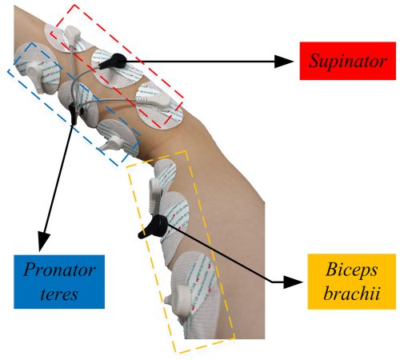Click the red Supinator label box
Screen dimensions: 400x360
click(348, 61)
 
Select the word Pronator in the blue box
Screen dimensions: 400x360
click(59, 270)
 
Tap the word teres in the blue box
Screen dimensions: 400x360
click(59, 294)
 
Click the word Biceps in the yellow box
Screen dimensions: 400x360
click(352, 270)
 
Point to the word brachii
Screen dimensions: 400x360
click(352, 293)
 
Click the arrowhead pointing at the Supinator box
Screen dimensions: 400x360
click(284, 62)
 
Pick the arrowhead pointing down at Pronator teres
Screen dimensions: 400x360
click(43, 242)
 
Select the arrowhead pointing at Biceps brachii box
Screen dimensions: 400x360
click(294, 282)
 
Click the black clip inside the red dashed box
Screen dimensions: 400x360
click(113, 61)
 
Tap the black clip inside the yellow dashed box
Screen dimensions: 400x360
click(153, 226)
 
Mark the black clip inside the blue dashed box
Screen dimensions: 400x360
click(73, 114)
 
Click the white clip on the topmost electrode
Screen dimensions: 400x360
click(71, 35)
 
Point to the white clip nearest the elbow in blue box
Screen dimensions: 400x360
click(112, 143)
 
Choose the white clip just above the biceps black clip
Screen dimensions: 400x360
click(154, 195)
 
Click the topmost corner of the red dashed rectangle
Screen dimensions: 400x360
click(74, 5)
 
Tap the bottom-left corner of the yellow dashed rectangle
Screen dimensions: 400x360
click(180, 354)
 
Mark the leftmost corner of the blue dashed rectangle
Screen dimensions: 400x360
click(7, 70)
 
